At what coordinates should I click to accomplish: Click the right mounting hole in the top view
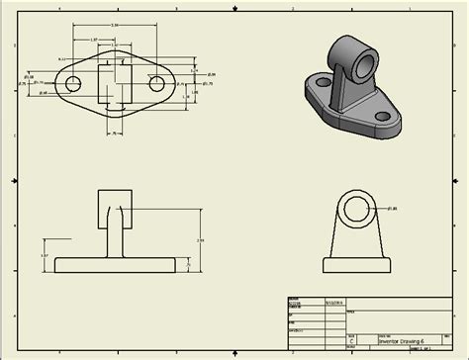pyautogui.click(x=156, y=85)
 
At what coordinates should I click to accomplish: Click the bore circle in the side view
pyautogui.click(x=358, y=209)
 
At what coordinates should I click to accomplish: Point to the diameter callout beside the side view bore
pyautogui.click(x=392, y=209)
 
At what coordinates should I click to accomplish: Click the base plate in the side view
pyautogui.click(x=358, y=265)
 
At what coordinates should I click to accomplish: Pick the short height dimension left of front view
pyautogui.click(x=45, y=255)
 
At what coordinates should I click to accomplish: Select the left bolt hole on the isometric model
pyautogui.click(x=320, y=84)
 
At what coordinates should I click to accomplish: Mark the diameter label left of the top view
pyautogui.click(x=29, y=76)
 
